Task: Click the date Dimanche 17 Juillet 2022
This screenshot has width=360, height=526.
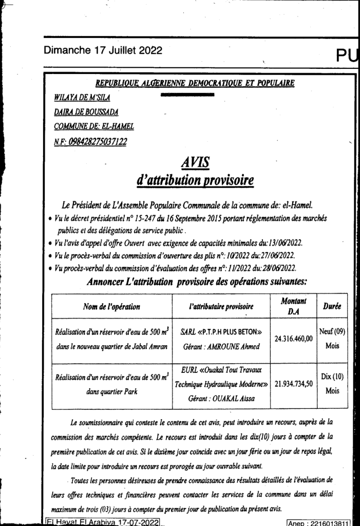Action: tap(103, 50)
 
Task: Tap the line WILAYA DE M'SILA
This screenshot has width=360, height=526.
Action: tap(82, 98)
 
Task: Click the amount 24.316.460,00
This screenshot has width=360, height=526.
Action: tap(293, 339)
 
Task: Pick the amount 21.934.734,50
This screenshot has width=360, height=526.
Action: tap(293, 383)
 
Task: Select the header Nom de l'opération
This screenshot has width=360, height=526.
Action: tap(111, 307)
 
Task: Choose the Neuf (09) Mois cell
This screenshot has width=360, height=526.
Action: tap(332, 339)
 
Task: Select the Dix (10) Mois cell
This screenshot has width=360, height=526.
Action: tap(332, 383)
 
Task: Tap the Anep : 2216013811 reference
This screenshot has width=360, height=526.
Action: tap(318, 522)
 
